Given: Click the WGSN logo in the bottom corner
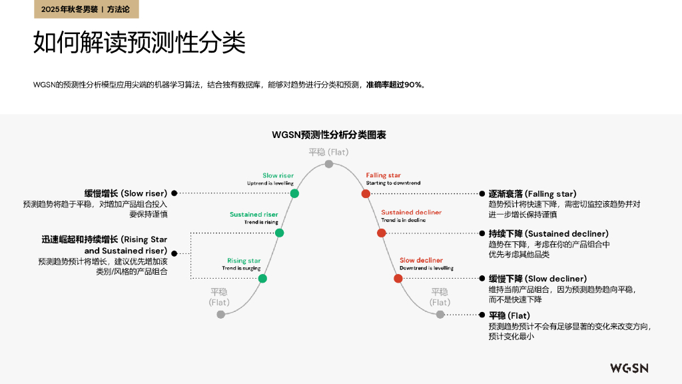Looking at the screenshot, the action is pyautogui.click(x=629, y=368).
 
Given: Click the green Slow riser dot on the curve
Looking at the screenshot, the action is pyautogui.click(x=294, y=193).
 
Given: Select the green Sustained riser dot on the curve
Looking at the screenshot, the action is pyautogui.click(x=280, y=233).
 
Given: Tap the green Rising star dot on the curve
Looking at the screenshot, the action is pyautogui.click(x=262, y=278).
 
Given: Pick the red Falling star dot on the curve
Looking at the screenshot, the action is pyautogui.click(x=366, y=193).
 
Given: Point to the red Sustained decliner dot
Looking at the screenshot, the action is pyautogui.click(x=382, y=233).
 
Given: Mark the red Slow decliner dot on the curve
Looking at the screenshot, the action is pyautogui.click(x=398, y=278).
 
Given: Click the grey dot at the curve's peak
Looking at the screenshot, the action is pyautogui.click(x=329, y=164).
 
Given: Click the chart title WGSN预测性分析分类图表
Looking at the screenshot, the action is pyautogui.click(x=329, y=135).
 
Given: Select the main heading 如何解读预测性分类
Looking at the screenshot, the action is pyautogui.click(x=139, y=42).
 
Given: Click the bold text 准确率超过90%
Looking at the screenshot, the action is pyautogui.click(x=396, y=85).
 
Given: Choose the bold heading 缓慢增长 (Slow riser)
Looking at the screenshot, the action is pyautogui.click(x=126, y=193).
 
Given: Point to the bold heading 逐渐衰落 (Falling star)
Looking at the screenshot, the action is pyautogui.click(x=532, y=194).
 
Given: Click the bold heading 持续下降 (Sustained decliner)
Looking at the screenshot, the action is pyautogui.click(x=549, y=233).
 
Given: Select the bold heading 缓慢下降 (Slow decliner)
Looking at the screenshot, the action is pyautogui.click(x=537, y=279).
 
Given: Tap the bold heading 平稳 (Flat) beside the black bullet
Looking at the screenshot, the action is pyautogui.click(x=510, y=315).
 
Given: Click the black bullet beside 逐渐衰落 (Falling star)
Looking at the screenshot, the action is pyautogui.click(x=482, y=194).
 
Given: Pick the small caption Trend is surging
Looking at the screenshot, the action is pyautogui.click(x=241, y=268).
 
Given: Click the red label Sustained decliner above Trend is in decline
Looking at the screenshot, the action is pyautogui.click(x=411, y=213).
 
